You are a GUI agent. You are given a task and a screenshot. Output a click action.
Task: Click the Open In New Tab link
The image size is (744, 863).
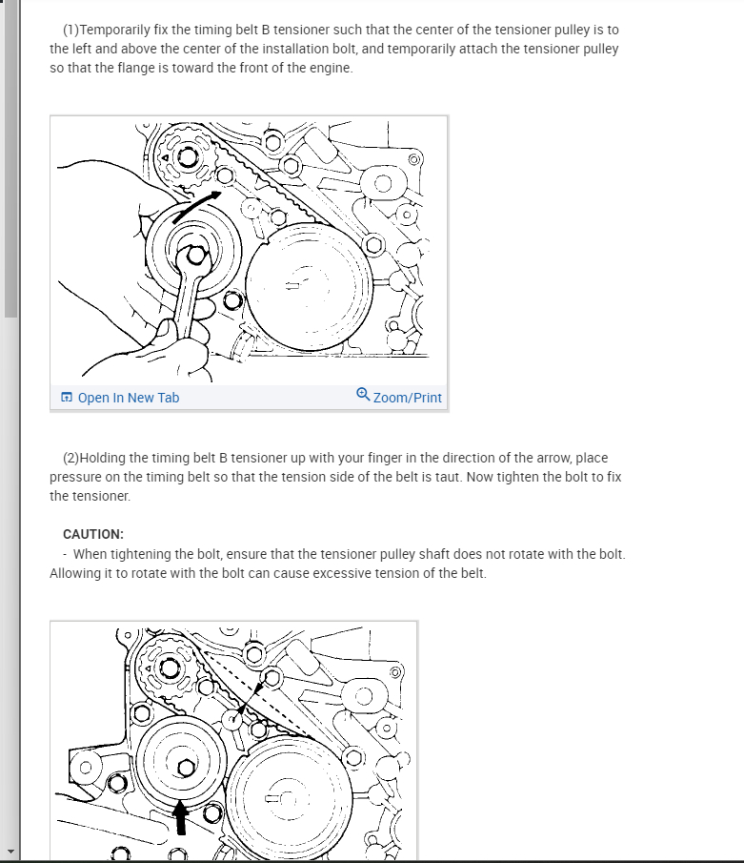pos(128,398)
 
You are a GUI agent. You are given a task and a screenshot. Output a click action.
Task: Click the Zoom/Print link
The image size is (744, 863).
pos(407,398)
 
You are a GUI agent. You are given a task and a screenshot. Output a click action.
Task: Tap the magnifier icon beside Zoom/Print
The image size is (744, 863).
pos(363,394)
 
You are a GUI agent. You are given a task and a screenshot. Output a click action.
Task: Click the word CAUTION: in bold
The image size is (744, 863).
pos(93,534)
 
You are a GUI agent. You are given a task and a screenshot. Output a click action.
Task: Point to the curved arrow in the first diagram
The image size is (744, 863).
pos(195,205)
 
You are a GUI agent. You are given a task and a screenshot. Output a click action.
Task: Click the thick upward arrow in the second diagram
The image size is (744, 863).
pos(180,817)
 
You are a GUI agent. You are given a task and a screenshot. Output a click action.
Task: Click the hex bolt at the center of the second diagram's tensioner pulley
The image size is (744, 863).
pos(186,768)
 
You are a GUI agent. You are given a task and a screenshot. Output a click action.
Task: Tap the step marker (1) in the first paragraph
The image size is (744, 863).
pos(70,30)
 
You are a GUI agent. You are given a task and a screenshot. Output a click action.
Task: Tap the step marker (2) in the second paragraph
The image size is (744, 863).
pos(70,458)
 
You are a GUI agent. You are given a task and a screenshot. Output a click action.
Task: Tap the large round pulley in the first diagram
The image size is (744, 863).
pos(309,286)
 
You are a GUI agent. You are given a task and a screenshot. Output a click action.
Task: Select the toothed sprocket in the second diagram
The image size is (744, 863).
pos(169,668)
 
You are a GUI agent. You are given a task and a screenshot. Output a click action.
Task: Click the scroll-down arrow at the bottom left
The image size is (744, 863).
pos(10,852)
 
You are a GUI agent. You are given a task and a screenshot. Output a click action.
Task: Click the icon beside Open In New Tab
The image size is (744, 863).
pos(67,397)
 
